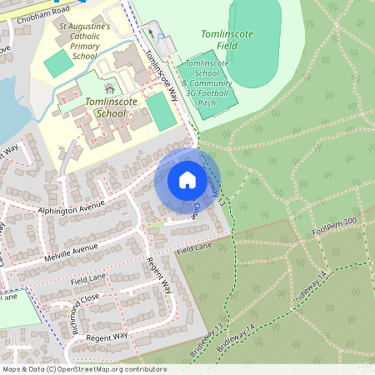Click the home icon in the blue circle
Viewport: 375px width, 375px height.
(187, 180)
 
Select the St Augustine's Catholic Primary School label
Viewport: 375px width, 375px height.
(84, 41)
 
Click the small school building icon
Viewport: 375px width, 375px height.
(108, 87)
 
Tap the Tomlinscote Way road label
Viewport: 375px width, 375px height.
(162, 75)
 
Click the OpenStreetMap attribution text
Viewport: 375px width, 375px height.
(84, 369)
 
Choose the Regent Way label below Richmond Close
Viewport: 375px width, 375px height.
(108, 336)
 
